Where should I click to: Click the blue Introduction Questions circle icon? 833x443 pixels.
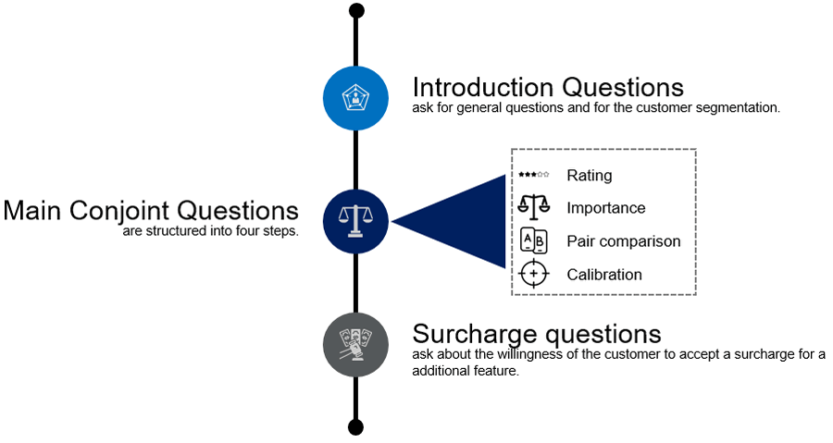pyautogui.click(x=355, y=98)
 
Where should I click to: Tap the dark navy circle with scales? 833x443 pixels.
pyautogui.click(x=355, y=221)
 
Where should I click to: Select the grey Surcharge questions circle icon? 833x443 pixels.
pyautogui.click(x=355, y=345)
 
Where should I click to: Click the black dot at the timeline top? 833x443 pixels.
pyautogui.click(x=356, y=10)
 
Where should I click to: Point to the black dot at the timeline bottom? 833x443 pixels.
pyautogui.click(x=356, y=427)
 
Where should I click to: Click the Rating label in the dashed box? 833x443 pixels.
pyautogui.click(x=590, y=176)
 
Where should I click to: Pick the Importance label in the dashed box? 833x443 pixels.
pyautogui.click(x=606, y=208)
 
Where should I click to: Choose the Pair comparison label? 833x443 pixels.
pyautogui.click(x=624, y=241)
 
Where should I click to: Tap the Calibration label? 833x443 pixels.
pyautogui.click(x=604, y=275)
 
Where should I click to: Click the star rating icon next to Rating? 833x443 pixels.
pyautogui.click(x=534, y=174)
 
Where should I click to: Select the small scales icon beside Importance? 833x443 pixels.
pyautogui.click(x=534, y=207)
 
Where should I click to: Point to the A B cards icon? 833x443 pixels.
pyautogui.click(x=534, y=240)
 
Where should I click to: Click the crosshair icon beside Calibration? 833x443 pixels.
pyautogui.click(x=534, y=274)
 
